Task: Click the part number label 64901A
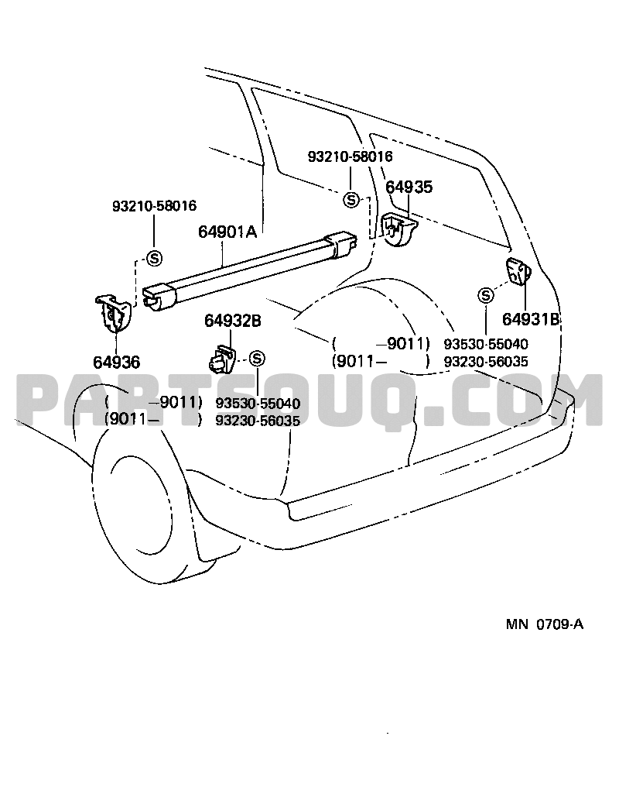click(227, 232)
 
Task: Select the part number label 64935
click(409, 187)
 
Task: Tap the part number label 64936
click(116, 363)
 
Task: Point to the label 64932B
click(233, 321)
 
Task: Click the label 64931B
click(531, 319)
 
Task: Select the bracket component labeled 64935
click(399, 227)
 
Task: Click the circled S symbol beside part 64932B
click(258, 359)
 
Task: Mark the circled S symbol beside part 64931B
click(486, 294)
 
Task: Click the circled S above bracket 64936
click(154, 258)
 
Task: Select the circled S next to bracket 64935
click(351, 200)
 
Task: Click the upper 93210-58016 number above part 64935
click(350, 156)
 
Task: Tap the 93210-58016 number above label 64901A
click(154, 206)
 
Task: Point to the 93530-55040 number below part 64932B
click(258, 404)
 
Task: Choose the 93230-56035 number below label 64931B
click(486, 362)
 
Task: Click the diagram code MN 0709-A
click(545, 624)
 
